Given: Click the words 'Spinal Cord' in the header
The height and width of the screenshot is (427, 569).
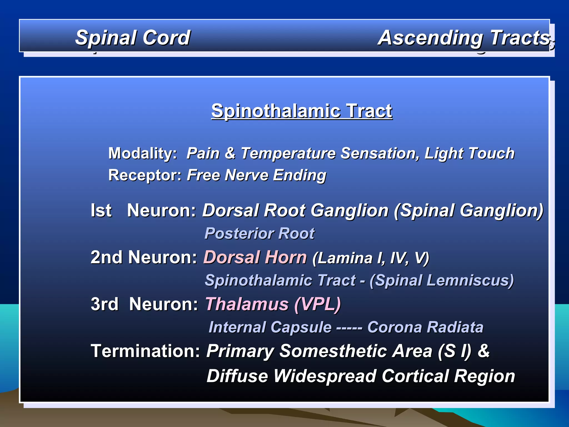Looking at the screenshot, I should click(x=133, y=38).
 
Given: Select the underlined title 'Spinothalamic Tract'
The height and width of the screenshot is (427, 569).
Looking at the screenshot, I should click(x=302, y=111).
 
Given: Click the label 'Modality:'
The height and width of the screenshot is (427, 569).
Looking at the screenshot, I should click(x=143, y=153).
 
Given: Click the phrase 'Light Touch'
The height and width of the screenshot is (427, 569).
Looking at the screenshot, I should click(x=469, y=153).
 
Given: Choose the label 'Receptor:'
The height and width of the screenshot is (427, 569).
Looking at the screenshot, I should click(x=145, y=175).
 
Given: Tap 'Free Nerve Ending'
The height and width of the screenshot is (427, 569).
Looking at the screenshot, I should click(x=256, y=175).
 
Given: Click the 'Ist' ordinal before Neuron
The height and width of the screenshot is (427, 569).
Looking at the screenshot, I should click(x=101, y=210).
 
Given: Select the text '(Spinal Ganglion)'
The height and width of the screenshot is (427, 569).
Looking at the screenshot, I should click(x=468, y=210).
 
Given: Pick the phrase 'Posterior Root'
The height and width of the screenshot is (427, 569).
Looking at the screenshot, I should click(x=259, y=233).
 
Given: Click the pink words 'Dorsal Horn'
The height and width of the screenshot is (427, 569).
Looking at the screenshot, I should click(x=255, y=257).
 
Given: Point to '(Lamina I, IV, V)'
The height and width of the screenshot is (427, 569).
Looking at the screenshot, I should click(x=371, y=258).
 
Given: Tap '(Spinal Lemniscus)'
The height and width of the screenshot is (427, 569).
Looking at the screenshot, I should click(x=441, y=280).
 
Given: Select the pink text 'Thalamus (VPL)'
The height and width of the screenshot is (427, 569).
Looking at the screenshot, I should click(x=273, y=304).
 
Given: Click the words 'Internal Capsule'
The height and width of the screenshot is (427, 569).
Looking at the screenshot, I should click(x=270, y=327).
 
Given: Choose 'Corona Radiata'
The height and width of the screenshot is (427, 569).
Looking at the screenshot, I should click(x=425, y=327).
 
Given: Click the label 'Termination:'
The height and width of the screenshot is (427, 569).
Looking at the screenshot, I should click(x=145, y=351).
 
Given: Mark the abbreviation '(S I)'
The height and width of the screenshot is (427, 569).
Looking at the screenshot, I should click(x=455, y=351).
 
